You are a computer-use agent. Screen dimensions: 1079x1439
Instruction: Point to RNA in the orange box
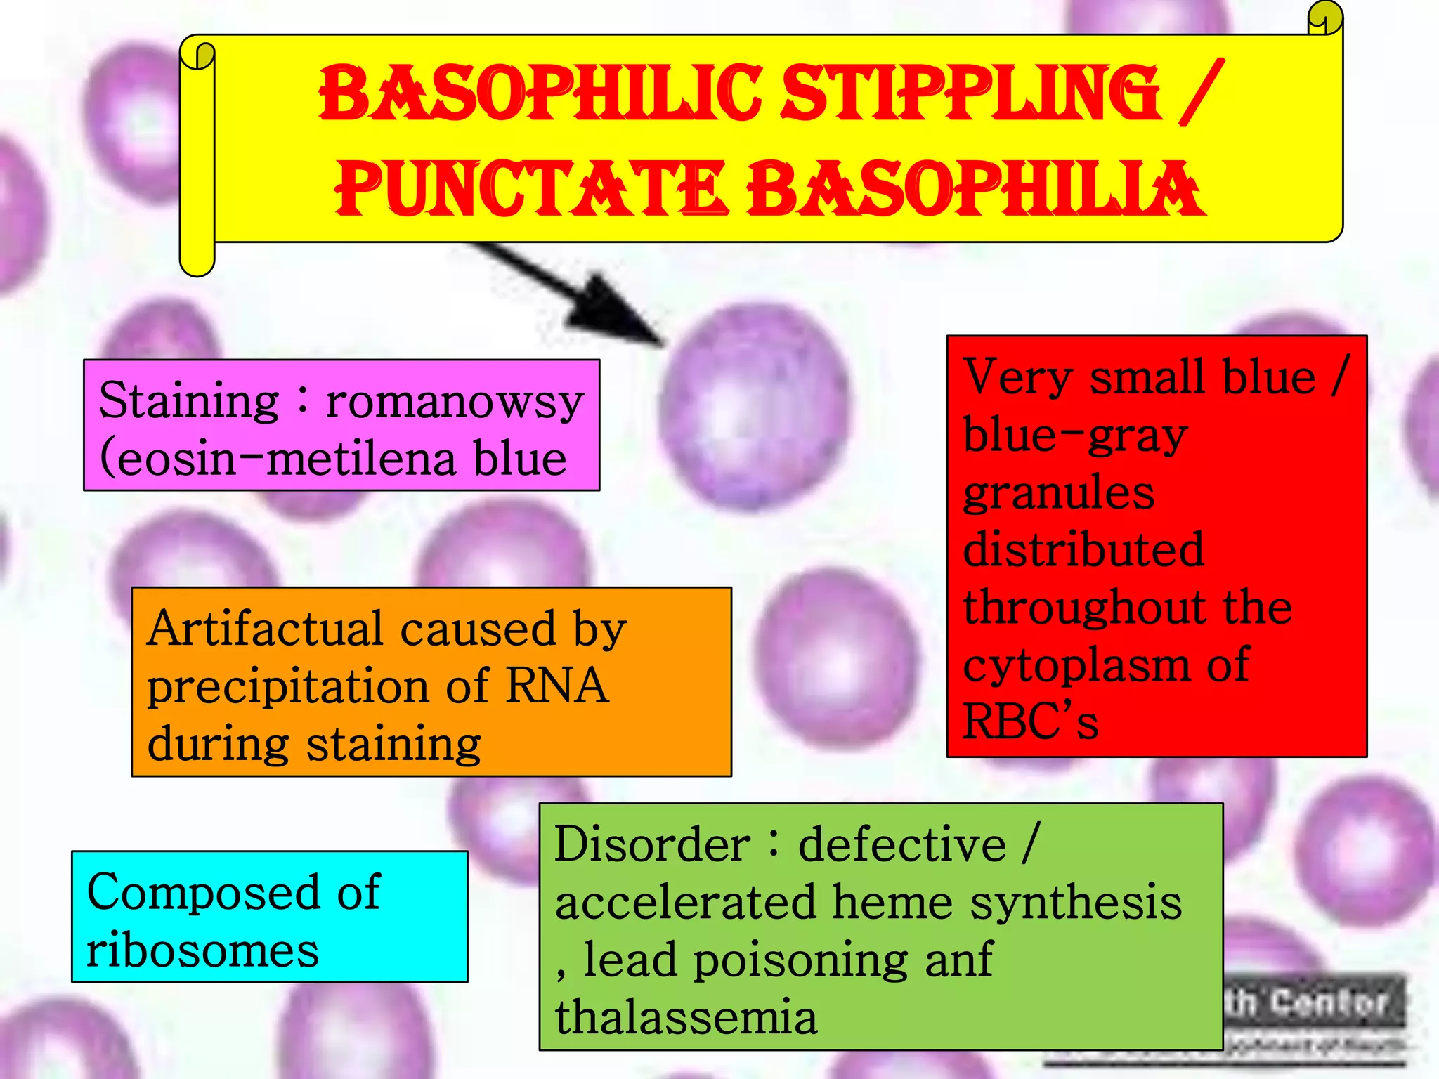(x=556, y=686)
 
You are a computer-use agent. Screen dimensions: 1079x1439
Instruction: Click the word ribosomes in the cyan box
(x=202, y=951)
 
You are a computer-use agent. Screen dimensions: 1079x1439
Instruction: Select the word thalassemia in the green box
(x=686, y=1016)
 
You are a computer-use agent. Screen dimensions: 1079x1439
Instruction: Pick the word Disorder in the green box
(x=652, y=844)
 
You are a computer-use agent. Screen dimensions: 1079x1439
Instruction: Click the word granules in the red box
(x=1058, y=493)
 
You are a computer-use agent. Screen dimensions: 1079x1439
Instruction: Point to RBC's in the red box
(x=1030, y=722)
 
